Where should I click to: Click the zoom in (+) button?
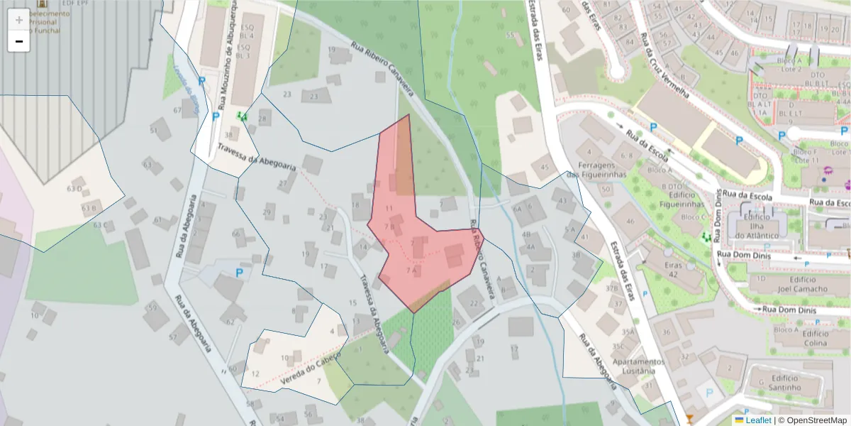coord(18,20)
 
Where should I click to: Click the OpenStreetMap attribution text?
coord(812,420)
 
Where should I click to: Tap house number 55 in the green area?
coord(510,35)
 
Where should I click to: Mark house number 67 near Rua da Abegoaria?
coord(177,110)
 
